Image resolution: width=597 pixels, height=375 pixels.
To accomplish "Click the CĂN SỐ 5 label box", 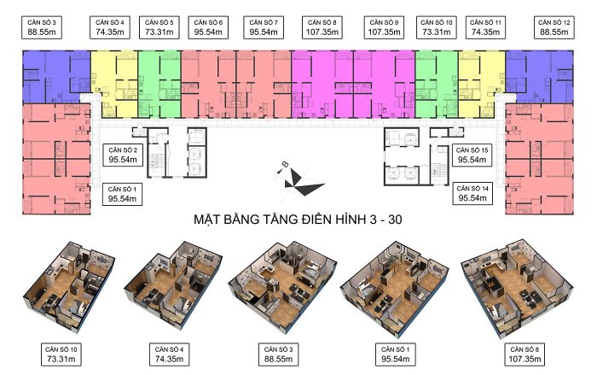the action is pos(159,27).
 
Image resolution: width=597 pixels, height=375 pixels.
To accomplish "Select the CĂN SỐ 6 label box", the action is pos(208,27).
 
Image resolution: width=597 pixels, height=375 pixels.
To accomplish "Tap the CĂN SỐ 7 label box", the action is pos(264,27).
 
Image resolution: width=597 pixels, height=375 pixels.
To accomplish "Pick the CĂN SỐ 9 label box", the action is pos(384,27).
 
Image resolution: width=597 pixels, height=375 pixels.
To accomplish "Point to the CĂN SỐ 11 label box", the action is pos(485,27).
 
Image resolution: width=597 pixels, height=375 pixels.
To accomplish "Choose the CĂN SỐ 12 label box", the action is pos(554,27).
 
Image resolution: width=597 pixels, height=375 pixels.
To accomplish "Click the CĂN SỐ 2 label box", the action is pos(123,155).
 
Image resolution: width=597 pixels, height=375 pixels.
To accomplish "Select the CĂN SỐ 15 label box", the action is pos(472,155).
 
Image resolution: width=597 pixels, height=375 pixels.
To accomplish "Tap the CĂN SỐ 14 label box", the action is pos(472,193).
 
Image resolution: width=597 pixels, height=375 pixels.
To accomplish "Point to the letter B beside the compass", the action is pos(285,165).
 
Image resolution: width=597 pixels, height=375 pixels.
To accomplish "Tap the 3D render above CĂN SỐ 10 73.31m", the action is pos(68,286).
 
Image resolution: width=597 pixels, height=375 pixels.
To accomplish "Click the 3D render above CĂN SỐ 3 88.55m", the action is pos(282,287).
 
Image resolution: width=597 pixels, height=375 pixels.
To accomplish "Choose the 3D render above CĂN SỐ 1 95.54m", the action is pos(394,288).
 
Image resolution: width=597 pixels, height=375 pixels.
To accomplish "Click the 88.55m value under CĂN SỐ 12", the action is pos(554,32).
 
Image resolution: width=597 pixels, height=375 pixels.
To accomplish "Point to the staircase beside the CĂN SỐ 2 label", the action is pos(156,161).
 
